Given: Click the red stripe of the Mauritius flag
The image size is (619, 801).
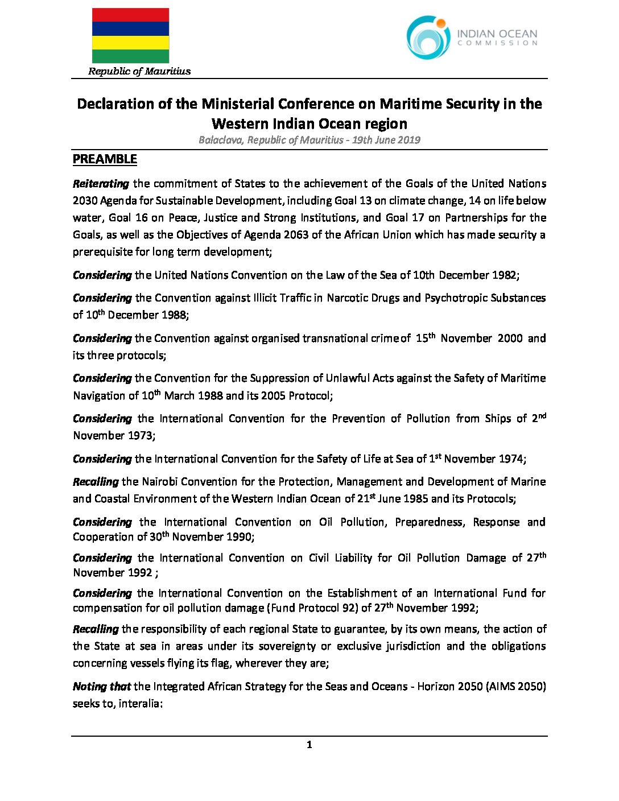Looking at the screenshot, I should [x=130, y=15].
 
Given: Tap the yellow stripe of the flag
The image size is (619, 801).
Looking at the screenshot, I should [x=130, y=43].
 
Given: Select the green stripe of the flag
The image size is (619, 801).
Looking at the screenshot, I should [x=130, y=56].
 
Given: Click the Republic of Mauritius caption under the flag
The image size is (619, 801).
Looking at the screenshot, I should [x=139, y=71].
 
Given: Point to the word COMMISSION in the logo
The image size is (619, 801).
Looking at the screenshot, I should [x=497, y=43].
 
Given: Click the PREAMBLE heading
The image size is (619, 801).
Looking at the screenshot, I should [x=105, y=159].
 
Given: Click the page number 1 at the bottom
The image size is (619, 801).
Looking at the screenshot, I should [x=309, y=745].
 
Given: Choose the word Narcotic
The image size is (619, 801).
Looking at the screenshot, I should [x=349, y=298].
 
